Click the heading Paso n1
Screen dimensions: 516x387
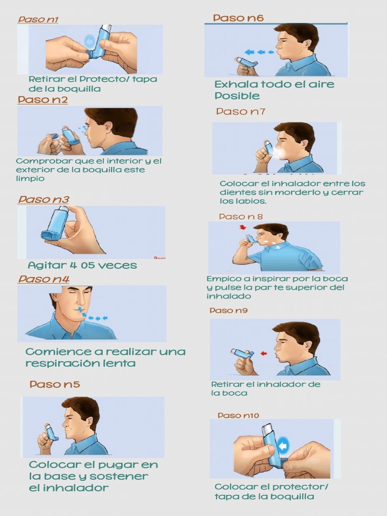pyautogui.click(x=38, y=20)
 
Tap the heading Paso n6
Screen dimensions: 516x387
pyautogui.click(x=238, y=18)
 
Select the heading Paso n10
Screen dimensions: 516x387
pyautogui.click(x=238, y=415)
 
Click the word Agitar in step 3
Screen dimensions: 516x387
pyautogui.click(x=46, y=266)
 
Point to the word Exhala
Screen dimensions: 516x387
pyautogui.click(x=236, y=84)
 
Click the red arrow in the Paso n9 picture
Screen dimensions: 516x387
pyautogui.click(x=263, y=354)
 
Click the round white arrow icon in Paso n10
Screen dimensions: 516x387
pyautogui.click(x=284, y=445)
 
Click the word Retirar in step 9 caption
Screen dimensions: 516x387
pyautogui.click(x=225, y=384)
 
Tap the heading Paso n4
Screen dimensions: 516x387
pyautogui.click(x=44, y=279)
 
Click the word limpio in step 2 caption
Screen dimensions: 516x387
pyautogui.click(x=30, y=178)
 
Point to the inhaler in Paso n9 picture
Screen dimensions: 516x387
pyautogui.click(x=242, y=353)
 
